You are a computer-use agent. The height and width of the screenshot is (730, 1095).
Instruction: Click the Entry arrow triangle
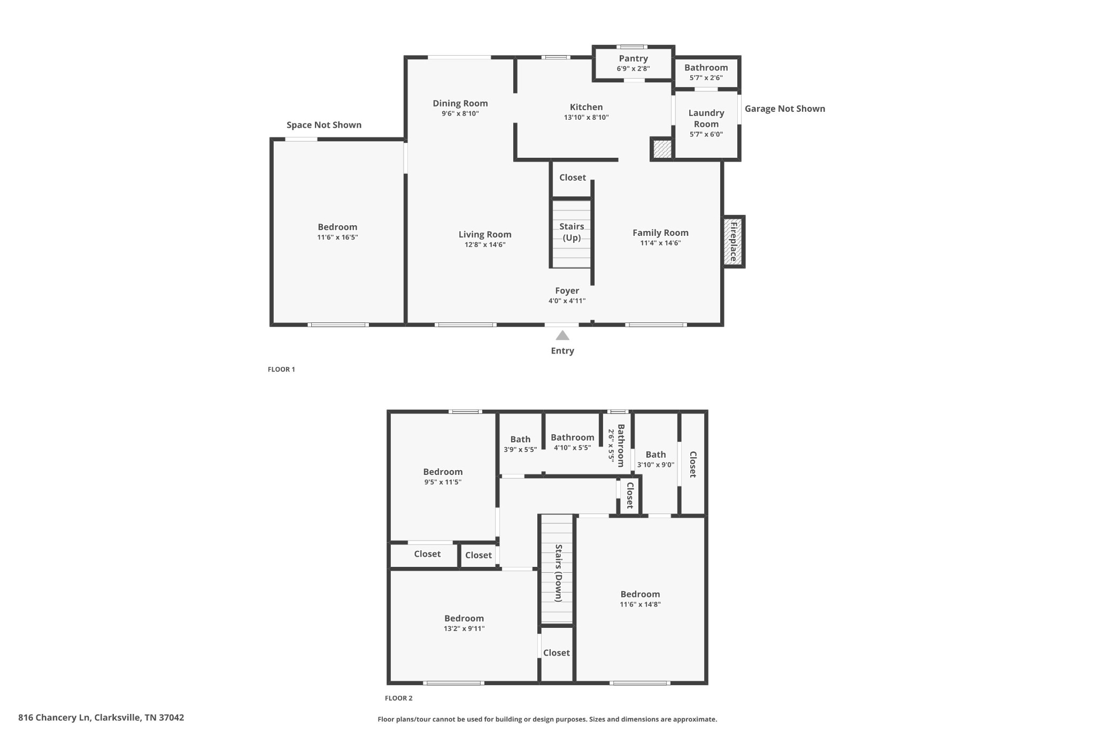click(562, 335)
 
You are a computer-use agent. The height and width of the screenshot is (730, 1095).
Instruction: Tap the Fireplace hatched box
click(733, 242)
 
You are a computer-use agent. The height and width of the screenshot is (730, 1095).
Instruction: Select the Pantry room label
click(634, 58)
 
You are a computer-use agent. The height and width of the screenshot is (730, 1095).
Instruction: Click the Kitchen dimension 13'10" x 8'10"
click(587, 117)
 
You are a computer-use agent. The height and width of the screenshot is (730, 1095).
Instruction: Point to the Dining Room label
click(460, 103)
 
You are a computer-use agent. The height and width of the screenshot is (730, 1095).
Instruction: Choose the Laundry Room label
click(706, 118)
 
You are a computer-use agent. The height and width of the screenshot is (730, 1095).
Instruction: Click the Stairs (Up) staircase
click(572, 234)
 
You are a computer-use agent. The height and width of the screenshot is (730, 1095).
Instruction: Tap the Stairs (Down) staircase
click(557, 569)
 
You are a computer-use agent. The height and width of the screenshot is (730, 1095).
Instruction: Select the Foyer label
click(567, 290)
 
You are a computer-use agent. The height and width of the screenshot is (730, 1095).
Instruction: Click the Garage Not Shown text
click(785, 109)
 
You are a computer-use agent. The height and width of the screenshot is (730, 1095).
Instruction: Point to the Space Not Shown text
click(324, 125)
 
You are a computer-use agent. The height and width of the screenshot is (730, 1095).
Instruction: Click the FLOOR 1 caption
click(281, 369)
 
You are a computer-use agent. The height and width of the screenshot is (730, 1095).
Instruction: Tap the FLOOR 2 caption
click(399, 698)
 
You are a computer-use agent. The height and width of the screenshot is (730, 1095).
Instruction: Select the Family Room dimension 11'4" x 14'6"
click(661, 243)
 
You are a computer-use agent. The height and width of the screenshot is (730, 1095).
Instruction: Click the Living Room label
click(485, 234)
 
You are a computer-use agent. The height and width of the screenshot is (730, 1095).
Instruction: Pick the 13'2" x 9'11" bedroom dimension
click(464, 628)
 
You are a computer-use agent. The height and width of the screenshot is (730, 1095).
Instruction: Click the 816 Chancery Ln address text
click(101, 718)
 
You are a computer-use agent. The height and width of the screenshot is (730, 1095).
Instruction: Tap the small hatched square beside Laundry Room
click(662, 149)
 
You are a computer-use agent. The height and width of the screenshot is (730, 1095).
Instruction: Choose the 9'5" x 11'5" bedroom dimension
click(443, 482)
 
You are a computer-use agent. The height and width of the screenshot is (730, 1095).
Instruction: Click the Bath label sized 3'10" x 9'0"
click(656, 455)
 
